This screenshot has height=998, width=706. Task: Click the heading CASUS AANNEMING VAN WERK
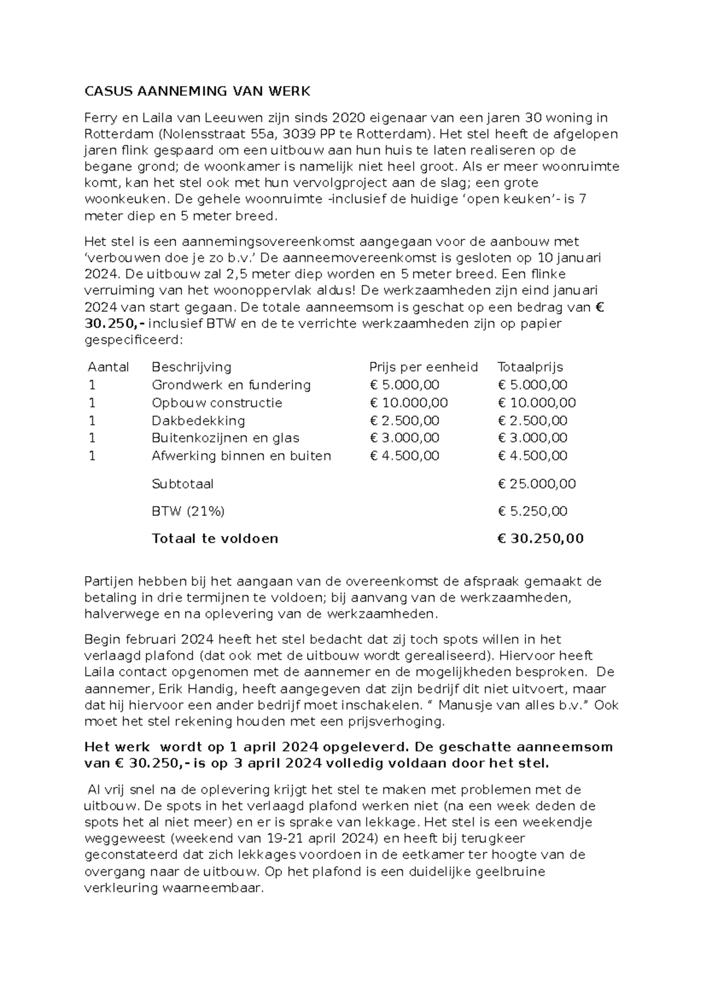tap(197, 91)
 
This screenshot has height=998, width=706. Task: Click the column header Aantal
tap(108, 367)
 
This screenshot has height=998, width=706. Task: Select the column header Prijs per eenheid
tap(423, 367)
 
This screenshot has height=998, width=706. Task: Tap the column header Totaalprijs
tap(530, 367)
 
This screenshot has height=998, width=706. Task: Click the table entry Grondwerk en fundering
tap(231, 385)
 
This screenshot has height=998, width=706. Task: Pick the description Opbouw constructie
tap(217, 403)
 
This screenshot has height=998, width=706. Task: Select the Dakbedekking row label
tap(198, 421)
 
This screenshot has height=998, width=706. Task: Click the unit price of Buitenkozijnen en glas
tap(404, 438)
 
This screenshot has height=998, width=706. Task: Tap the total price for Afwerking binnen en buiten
tap(532, 455)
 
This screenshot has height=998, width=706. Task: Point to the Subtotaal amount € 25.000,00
tap(537, 484)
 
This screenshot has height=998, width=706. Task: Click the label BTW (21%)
tap(188, 511)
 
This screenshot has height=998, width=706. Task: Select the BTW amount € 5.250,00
tap(532, 511)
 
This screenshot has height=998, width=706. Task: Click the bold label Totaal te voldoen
tap(215, 538)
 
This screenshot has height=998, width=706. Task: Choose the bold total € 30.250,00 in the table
tap(540, 538)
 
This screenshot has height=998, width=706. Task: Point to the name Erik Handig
tap(166, 688)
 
